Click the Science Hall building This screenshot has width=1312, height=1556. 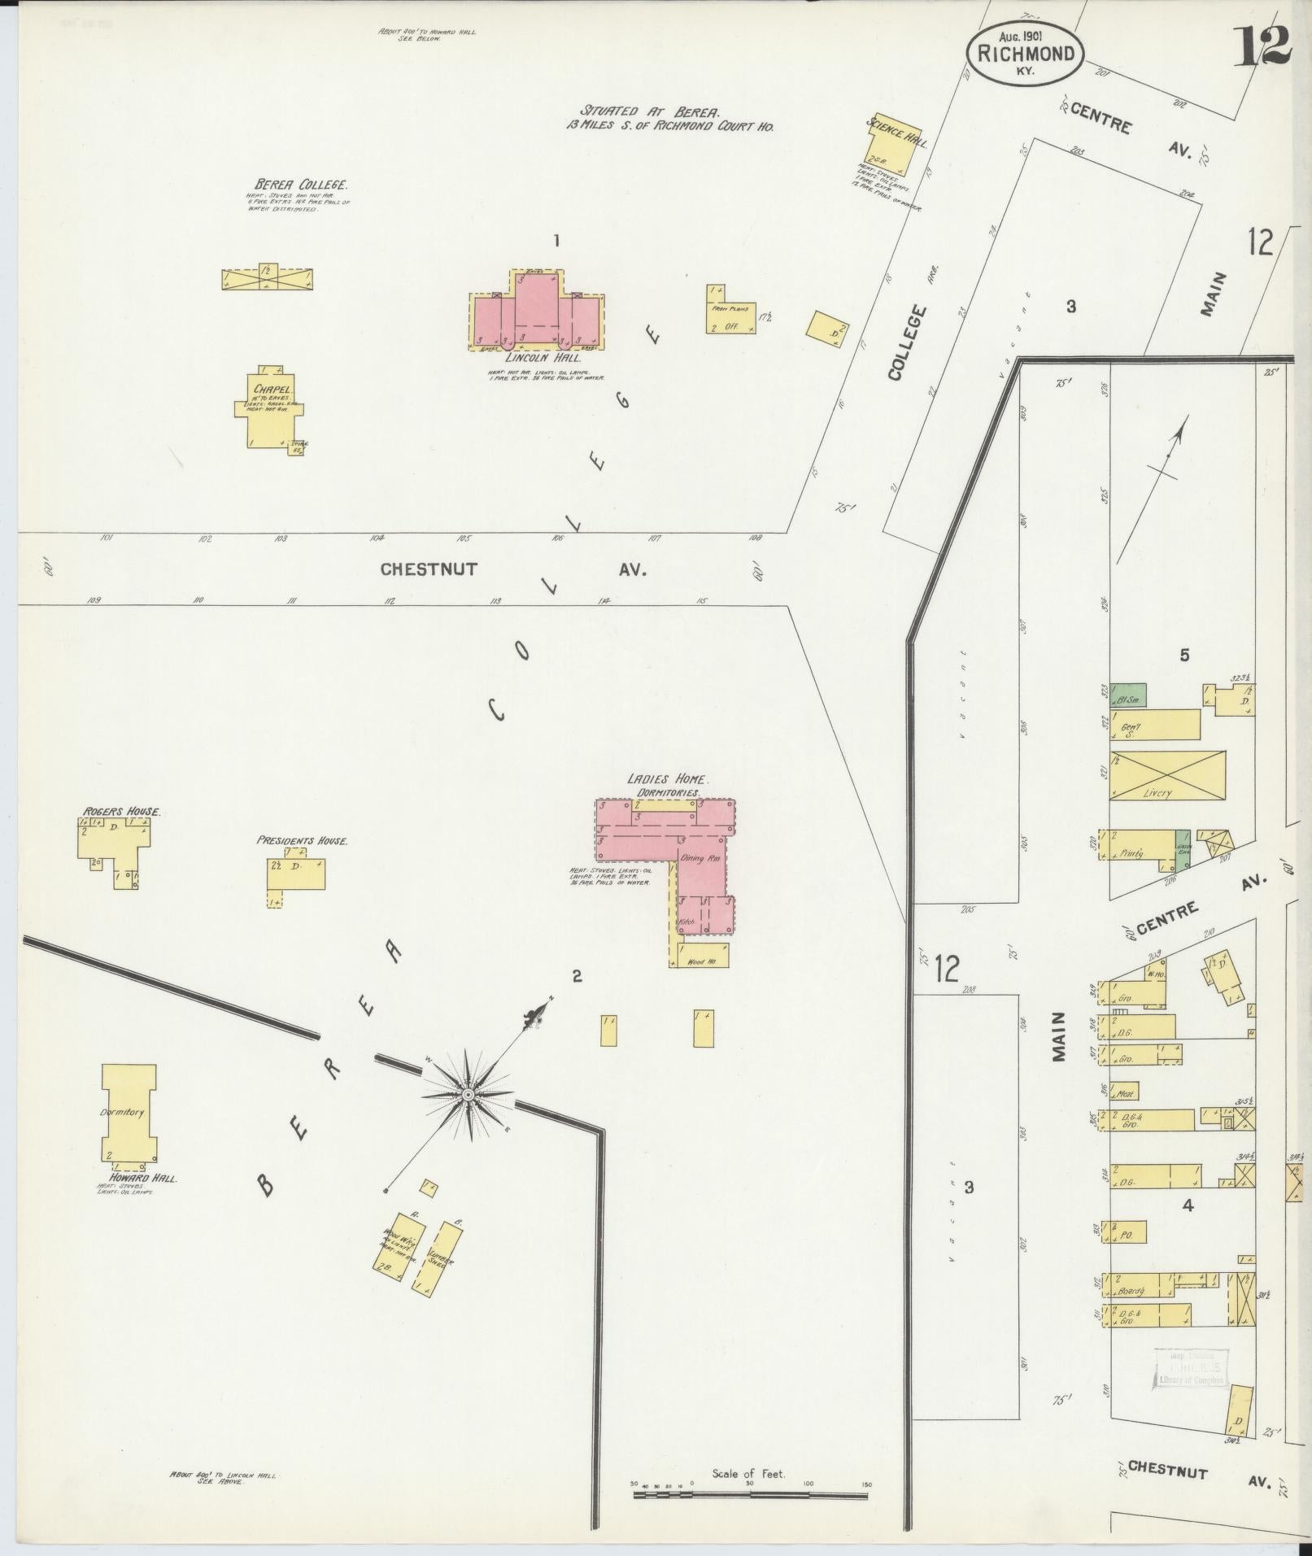point(887,146)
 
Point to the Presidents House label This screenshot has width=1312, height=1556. point(302,840)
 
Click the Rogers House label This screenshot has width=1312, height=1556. point(121,811)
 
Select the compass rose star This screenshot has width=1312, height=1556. point(469,1096)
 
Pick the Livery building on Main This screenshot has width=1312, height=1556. point(1166,776)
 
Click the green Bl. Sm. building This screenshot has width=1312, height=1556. point(1128,695)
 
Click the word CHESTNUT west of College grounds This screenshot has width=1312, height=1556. point(428,569)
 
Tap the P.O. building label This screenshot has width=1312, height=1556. point(1127,1257)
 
